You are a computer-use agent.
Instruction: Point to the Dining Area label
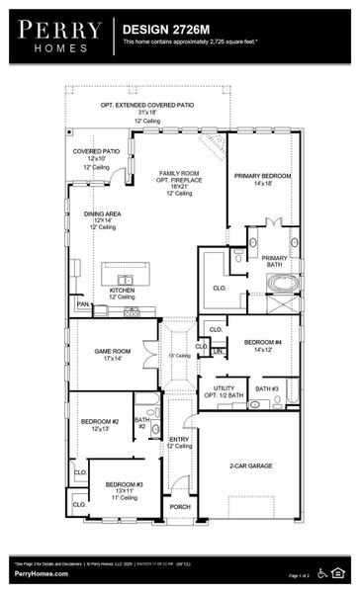coord(101,213)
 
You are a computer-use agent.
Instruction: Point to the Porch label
coord(179,506)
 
